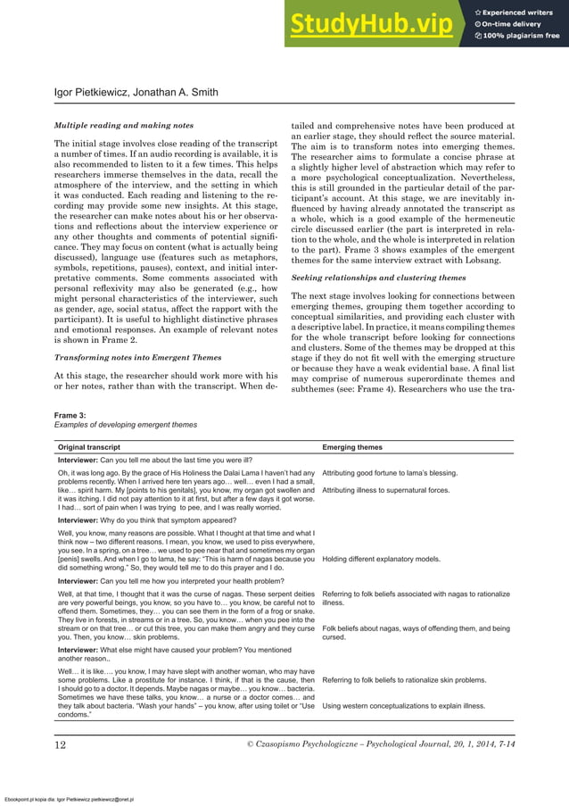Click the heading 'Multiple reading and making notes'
124,126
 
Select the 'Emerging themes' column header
352,446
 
